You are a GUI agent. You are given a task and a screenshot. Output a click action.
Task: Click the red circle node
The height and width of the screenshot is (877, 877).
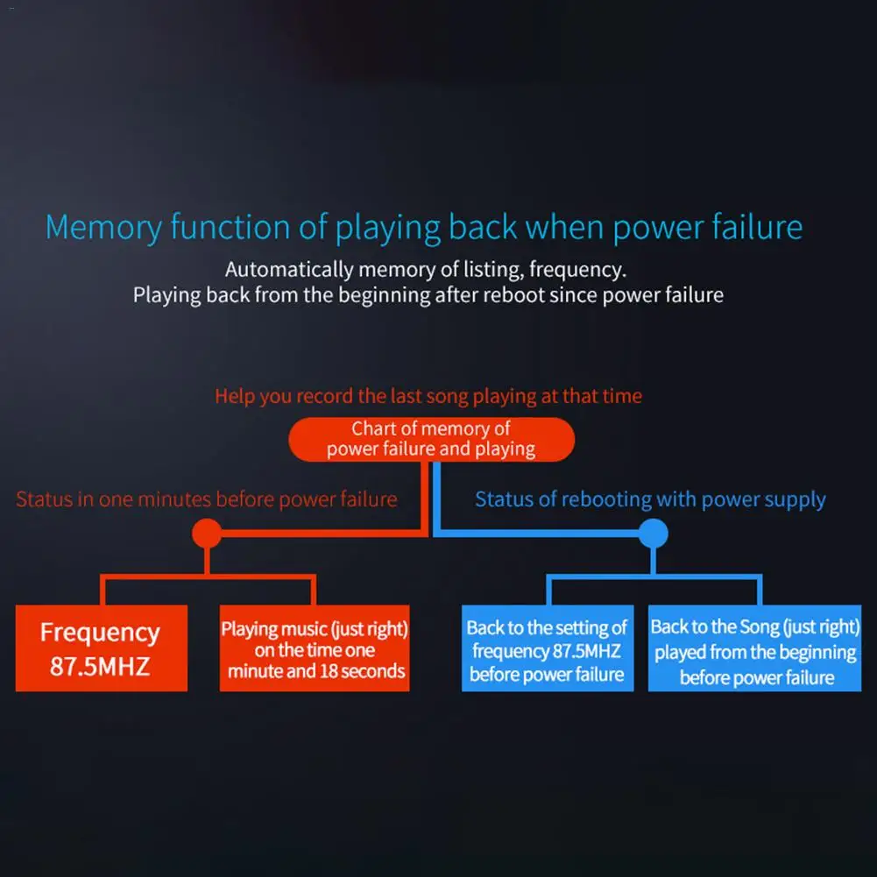click(x=206, y=533)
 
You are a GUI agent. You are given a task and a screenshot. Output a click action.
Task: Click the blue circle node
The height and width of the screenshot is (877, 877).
click(x=653, y=533)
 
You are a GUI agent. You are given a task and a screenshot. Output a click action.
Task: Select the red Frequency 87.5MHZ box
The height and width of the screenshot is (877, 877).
click(x=101, y=648)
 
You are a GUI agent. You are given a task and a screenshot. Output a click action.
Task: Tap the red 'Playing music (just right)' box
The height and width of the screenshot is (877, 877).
click(x=315, y=649)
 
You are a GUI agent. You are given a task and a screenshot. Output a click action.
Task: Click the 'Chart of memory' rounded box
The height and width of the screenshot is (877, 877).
click(x=431, y=439)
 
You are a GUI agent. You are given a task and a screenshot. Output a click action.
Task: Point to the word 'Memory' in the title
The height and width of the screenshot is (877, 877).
click(x=103, y=228)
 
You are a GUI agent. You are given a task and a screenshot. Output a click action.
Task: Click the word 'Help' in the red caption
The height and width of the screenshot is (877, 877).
click(x=235, y=396)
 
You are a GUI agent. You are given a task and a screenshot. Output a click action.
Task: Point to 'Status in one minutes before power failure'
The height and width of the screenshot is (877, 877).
click(x=207, y=499)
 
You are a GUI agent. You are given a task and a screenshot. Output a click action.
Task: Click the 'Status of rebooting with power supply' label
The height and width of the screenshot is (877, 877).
click(x=650, y=499)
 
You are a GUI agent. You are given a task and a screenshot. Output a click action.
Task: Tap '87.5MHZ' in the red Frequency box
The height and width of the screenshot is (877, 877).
click(x=100, y=666)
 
